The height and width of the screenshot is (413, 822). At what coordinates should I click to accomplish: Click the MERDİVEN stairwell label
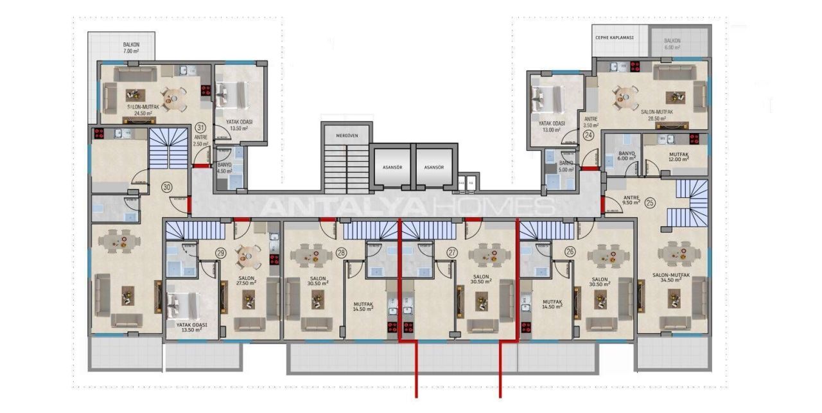click(x=346, y=136)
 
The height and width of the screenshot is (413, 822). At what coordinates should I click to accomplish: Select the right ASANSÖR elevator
click(x=433, y=167)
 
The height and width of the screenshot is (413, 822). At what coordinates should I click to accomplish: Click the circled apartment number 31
click(x=201, y=127)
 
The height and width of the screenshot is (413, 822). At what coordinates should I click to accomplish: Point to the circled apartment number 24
click(x=588, y=136)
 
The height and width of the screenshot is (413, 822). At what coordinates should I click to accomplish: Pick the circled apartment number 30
click(x=167, y=188)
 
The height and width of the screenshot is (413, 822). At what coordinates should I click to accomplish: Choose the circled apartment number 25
click(x=650, y=203)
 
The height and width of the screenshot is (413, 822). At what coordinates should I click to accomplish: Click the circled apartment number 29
click(x=221, y=253)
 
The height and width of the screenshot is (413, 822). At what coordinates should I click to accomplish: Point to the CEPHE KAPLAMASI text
click(x=614, y=38)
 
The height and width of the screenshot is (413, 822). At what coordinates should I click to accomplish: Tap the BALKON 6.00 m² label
click(x=672, y=44)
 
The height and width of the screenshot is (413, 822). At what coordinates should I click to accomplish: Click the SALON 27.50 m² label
click(x=245, y=281)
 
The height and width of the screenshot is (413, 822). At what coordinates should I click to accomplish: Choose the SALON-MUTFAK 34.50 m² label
click(x=671, y=277)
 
